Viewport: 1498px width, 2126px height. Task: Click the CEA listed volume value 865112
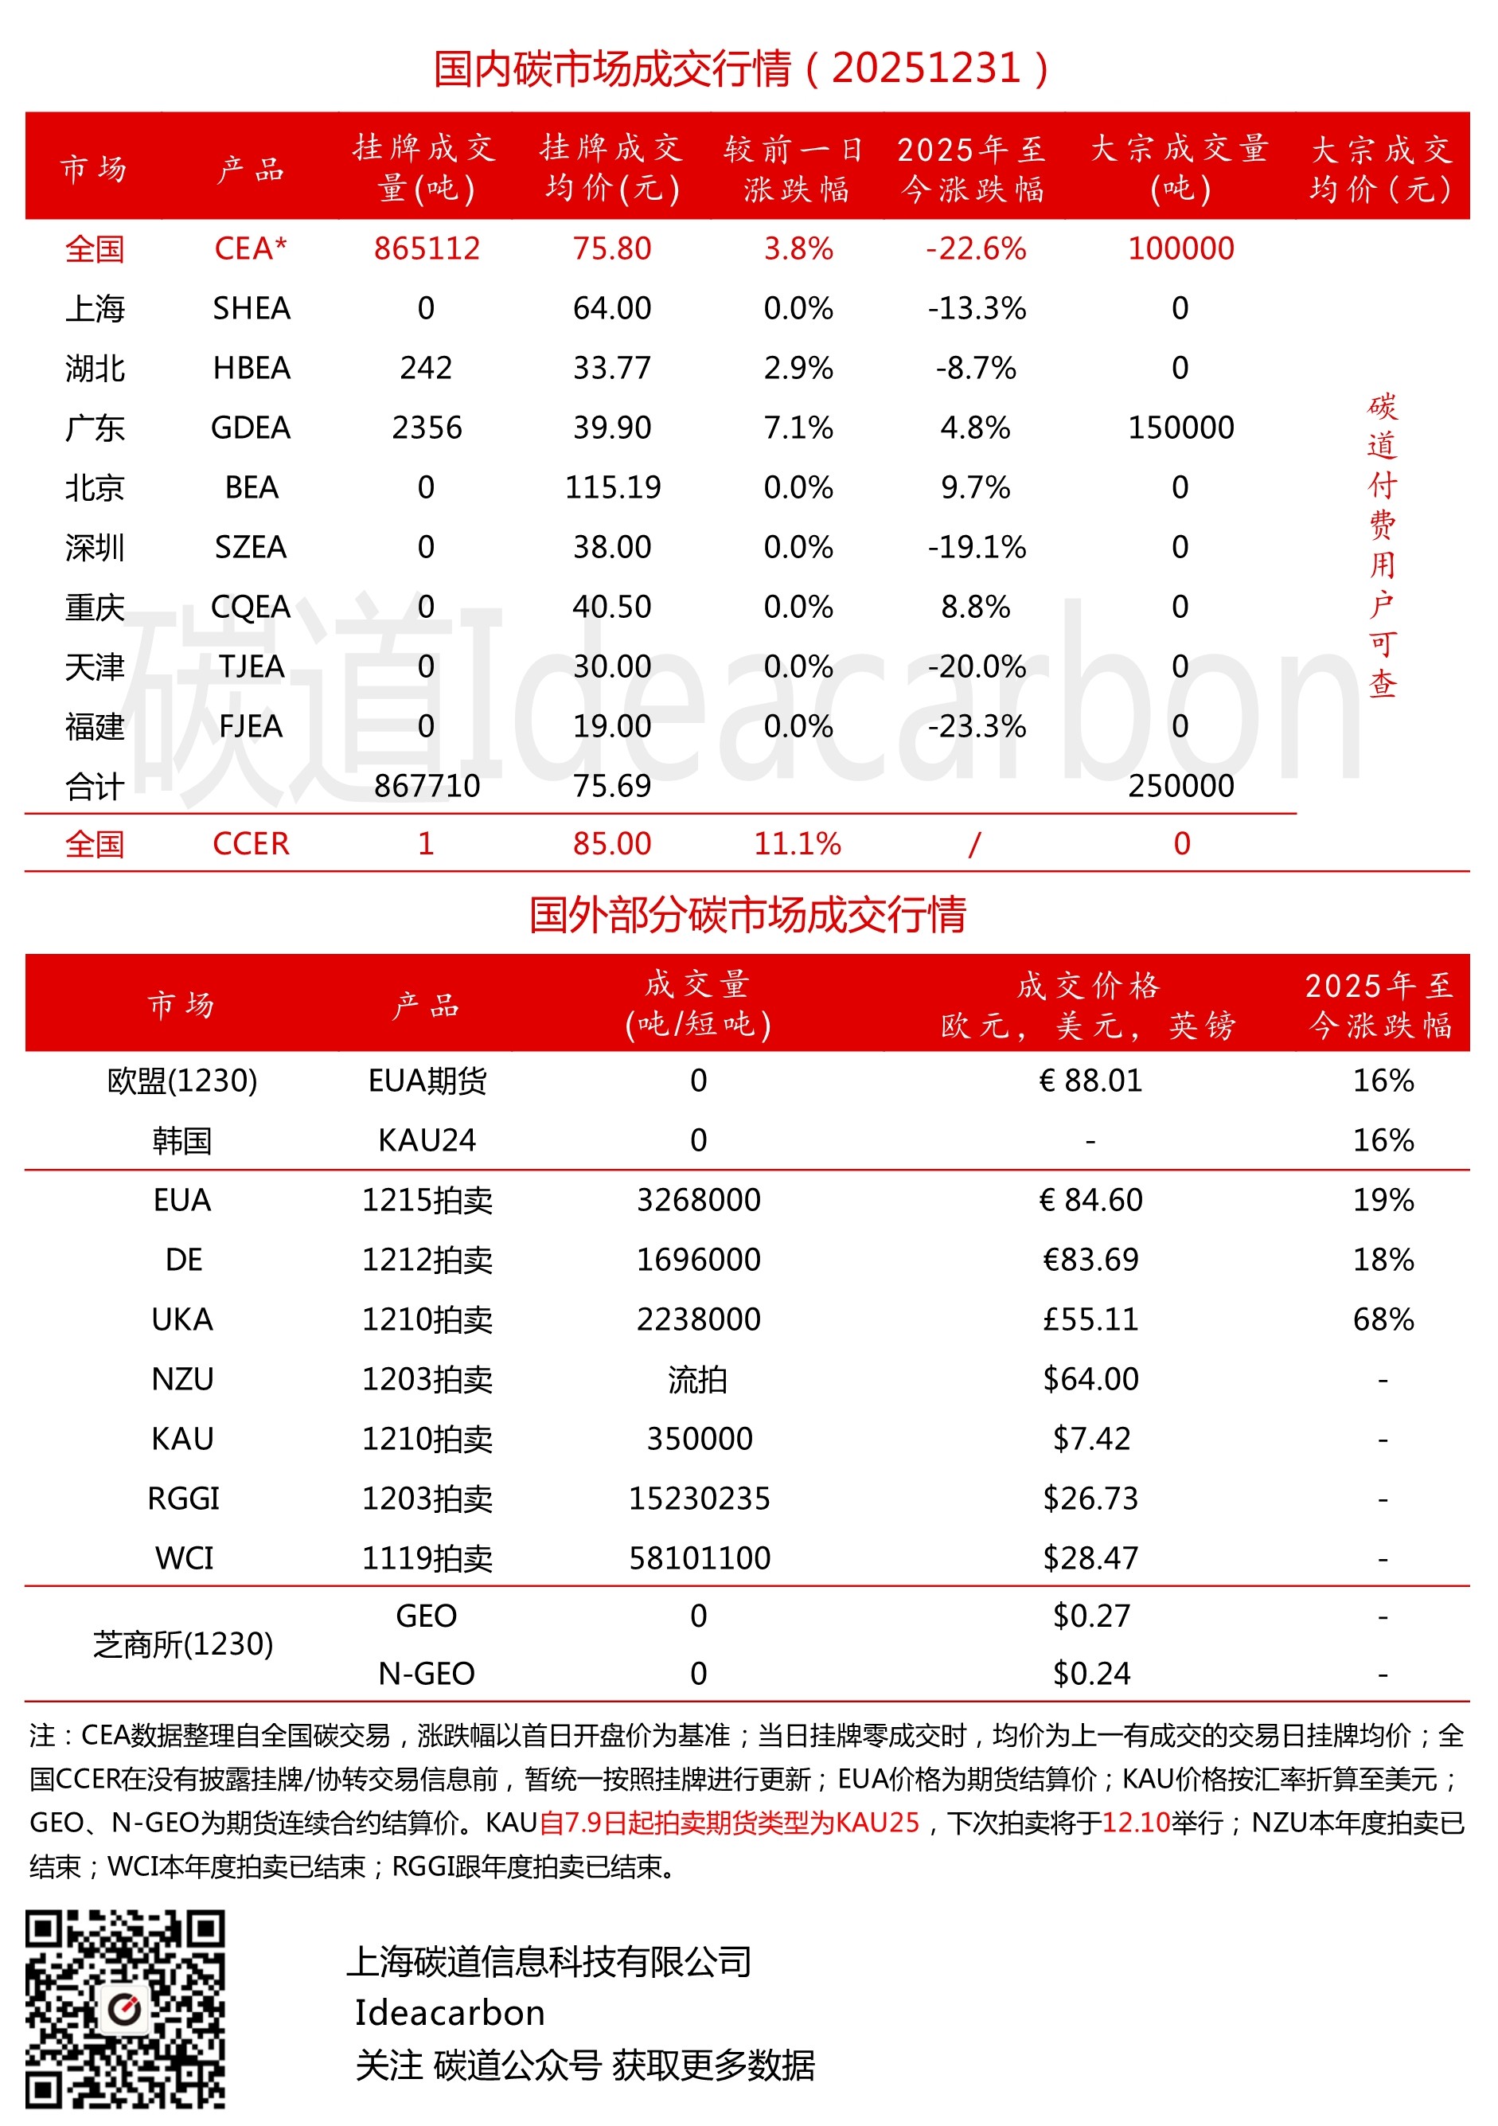[x=427, y=248]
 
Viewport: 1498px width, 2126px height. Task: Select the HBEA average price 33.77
[x=611, y=368]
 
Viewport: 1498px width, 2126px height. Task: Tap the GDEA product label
[x=251, y=428]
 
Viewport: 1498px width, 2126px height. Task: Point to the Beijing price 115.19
[x=612, y=487]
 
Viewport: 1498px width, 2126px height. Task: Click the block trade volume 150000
[x=1180, y=428]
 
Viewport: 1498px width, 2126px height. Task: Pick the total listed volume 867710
[x=427, y=786]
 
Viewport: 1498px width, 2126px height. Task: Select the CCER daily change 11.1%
[x=797, y=843]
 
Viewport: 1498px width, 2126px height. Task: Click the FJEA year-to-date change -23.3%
[x=976, y=726]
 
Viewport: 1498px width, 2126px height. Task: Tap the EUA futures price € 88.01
[x=1090, y=1081]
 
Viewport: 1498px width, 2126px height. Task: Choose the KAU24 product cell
[x=427, y=1140]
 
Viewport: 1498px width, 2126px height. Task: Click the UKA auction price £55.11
[x=1090, y=1319]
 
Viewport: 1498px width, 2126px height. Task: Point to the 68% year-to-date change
[x=1383, y=1319]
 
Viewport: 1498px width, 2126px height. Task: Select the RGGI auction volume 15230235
[x=699, y=1499]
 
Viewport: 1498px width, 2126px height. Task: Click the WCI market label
[x=183, y=1558]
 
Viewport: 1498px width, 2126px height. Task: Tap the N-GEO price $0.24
[x=1090, y=1675]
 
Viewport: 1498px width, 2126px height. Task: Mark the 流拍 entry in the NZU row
[x=698, y=1380]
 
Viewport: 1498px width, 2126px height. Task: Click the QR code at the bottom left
[x=125, y=2008]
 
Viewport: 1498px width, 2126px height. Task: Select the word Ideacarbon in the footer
[x=450, y=2013]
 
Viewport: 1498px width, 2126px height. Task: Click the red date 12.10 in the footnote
[x=1136, y=1823]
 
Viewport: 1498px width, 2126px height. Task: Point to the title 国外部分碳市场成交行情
[x=747, y=915]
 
